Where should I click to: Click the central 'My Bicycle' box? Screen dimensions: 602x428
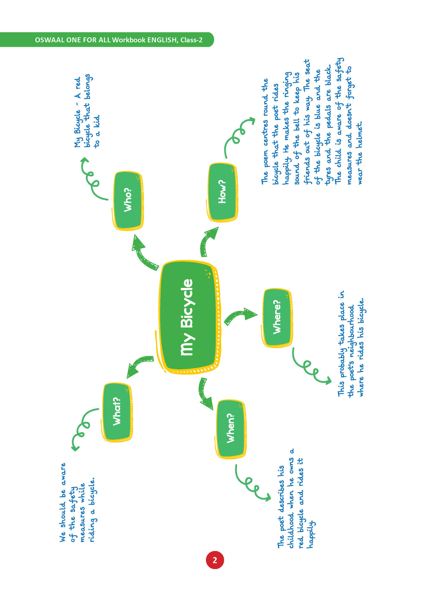point(189,317)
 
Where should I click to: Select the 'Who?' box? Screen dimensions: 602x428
point(128,200)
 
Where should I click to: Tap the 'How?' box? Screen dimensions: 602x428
point(222,192)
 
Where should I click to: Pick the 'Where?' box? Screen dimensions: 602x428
point(277,317)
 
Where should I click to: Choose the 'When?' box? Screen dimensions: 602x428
point(230,429)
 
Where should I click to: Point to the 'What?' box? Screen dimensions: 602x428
point(117,411)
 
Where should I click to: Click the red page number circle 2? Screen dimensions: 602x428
point(215,560)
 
